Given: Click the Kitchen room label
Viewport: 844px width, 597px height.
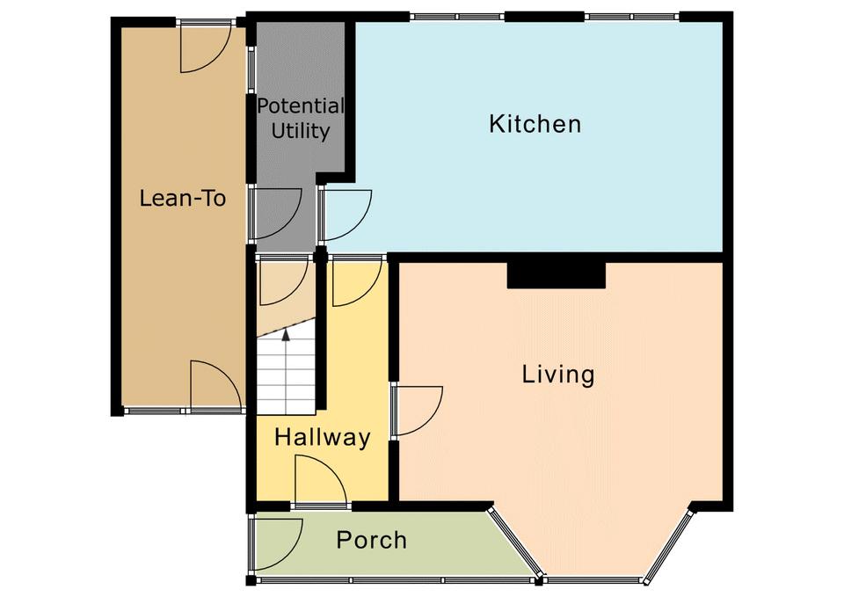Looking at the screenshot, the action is pos(535,124).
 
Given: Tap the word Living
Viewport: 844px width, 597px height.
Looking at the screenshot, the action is pos(558,375).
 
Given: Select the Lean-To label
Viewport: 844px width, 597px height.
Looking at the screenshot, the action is pos(183,198).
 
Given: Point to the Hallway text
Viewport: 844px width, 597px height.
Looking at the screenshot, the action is pos(323,437).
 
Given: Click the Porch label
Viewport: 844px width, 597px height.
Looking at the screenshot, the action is pos(371,540).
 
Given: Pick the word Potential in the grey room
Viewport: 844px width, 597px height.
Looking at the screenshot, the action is pos(300,106).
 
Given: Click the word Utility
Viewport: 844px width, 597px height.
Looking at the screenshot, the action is pos(301,131).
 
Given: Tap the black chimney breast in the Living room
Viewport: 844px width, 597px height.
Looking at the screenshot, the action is pos(557,275).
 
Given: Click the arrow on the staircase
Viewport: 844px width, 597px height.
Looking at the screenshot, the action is pos(286,334).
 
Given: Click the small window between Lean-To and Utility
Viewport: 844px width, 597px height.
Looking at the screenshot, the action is pos(251,68).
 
